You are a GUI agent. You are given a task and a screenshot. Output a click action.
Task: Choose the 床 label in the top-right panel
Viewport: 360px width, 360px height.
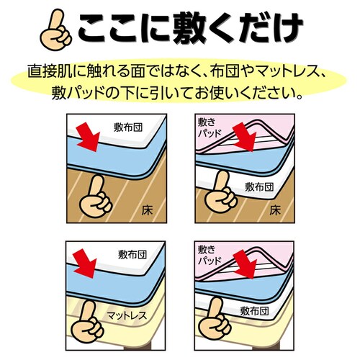coord(274,212)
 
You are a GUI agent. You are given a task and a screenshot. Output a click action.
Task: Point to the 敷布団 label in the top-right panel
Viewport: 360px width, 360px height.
coord(258,188)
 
